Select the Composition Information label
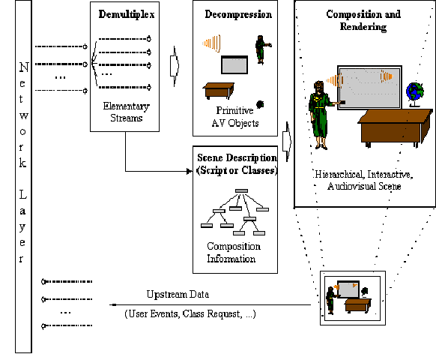(x=234, y=253)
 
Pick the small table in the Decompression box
(x=222, y=90)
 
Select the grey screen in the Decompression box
(x=234, y=65)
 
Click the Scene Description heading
(x=236, y=164)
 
